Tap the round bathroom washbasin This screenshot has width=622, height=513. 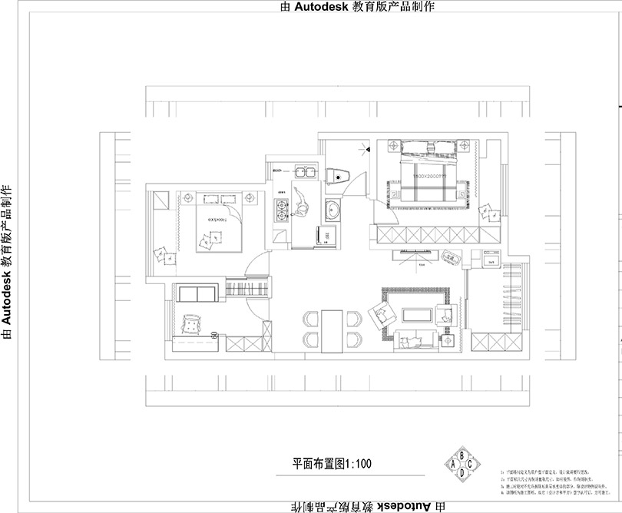pyautogui.click(x=333, y=208)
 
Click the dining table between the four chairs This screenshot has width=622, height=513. pyautogui.click(x=332, y=328)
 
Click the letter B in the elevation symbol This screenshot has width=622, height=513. pyautogui.click(x=462, y=453)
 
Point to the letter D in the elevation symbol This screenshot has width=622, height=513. pyautogui.click(x=462, y=474)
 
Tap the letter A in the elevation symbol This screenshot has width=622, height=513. pyautogui.click(x=453, y=464)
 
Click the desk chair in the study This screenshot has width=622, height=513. pyautogui.click(x=190, y=326)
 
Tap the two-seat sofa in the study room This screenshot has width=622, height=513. pyautogui.click(x=197, y=293)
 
